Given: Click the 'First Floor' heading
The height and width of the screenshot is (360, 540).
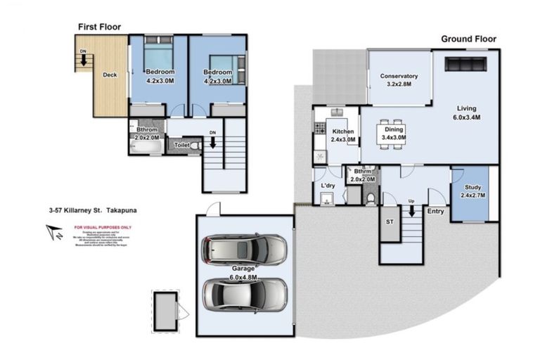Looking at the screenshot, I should coord(98,27).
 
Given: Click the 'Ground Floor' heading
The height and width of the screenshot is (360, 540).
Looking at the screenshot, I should coord(468,39).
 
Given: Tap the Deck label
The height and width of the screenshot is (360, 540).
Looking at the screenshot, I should coord(110,75).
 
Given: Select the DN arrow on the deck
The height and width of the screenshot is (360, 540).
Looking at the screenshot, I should coord(83,59).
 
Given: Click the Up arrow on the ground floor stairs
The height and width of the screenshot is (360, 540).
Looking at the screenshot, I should coord(411,210).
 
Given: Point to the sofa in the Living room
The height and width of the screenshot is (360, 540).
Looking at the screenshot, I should coord(465,65).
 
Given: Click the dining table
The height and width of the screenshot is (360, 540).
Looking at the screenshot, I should coord(392,134).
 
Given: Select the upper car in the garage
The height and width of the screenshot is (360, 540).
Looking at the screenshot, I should coord(244,249).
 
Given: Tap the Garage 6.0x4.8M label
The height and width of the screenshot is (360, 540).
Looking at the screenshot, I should coord(244,272).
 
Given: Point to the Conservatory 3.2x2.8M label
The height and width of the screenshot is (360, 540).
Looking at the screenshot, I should coord(399,80).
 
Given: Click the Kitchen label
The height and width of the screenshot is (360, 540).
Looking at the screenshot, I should coord(343,135).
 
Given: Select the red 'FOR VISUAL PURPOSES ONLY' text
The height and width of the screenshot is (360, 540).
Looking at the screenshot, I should coord(102,228).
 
